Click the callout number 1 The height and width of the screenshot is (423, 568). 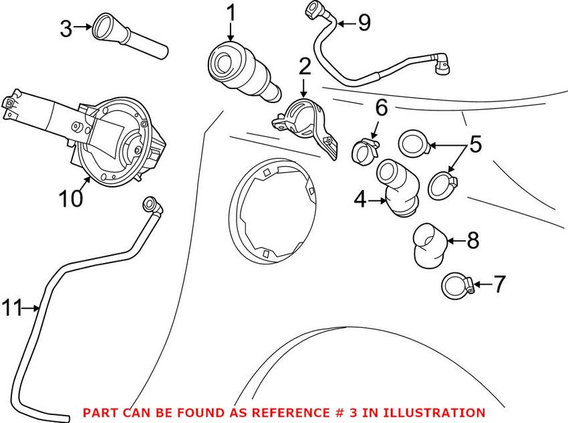[x=231, y=13]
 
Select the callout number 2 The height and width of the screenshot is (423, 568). [x=305, y=66]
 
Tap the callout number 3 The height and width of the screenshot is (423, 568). [x=65, y=28]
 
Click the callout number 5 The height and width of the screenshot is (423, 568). [x=475, y=144]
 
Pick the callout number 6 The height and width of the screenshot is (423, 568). [x=381, y=106]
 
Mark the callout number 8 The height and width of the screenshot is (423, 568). [x=472, y=240]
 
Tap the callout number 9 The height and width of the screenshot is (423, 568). [x=364, y=23]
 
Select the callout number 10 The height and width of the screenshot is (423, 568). [x=71, y=199]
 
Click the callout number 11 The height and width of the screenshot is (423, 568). [x=11, y=309]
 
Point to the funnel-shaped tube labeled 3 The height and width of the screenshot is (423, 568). [x=130, y=39]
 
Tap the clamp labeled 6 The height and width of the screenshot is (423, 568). [x=365, y=149]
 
